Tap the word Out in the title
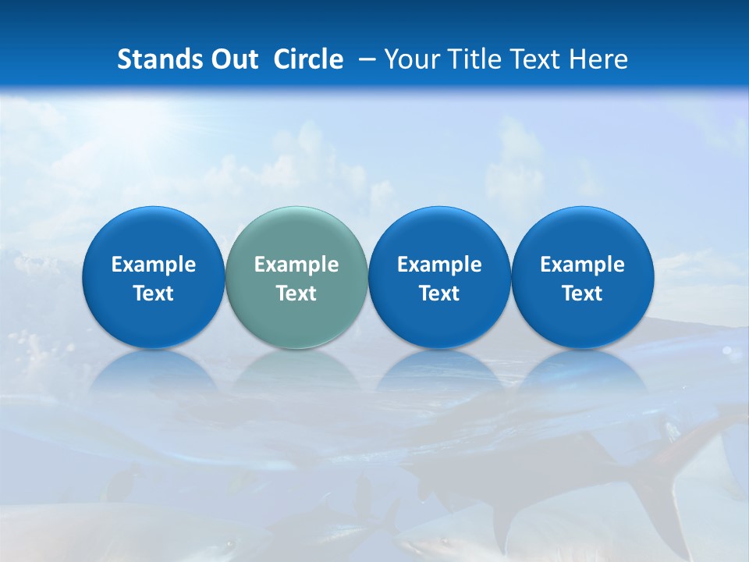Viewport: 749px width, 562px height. pos(233,59)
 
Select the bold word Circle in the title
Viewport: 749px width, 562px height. pos(308,59)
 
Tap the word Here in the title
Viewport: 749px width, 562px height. pos(598,59)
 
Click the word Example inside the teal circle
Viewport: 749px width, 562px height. pos(296,265)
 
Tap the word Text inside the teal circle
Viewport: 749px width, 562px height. pos(296,293)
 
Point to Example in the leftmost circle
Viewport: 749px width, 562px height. pos(153,265)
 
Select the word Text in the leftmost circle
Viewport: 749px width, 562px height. pos(153,293)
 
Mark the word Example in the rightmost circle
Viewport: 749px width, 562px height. pos(582,265)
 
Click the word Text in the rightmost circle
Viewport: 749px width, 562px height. pos(582,293)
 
